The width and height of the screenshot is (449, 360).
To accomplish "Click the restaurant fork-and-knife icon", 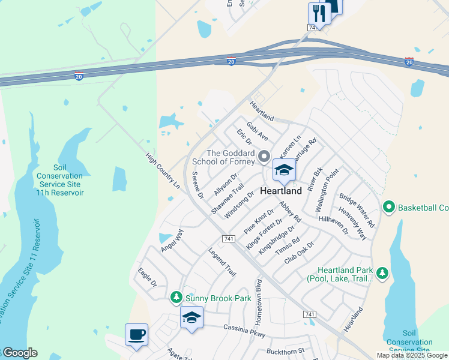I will coord(319,13).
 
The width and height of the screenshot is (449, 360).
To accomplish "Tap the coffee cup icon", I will coord(136,334).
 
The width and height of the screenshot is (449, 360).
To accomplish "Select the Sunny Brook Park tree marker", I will coord(176,297).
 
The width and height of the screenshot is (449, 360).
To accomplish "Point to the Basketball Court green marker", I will coord(389,208).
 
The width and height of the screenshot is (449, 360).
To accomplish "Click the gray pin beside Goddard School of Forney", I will coord(264,158).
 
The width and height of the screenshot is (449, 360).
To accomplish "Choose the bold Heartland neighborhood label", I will coord(281,190).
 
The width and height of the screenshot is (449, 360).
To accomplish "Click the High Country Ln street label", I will coord(163,171).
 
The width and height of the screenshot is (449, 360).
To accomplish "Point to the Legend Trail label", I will coord(222,262).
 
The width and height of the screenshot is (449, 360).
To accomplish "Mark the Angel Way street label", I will coord(172,240).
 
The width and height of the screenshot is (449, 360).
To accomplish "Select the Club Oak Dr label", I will coord(300,257).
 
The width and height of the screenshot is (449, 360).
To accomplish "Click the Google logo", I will coord(20,353).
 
